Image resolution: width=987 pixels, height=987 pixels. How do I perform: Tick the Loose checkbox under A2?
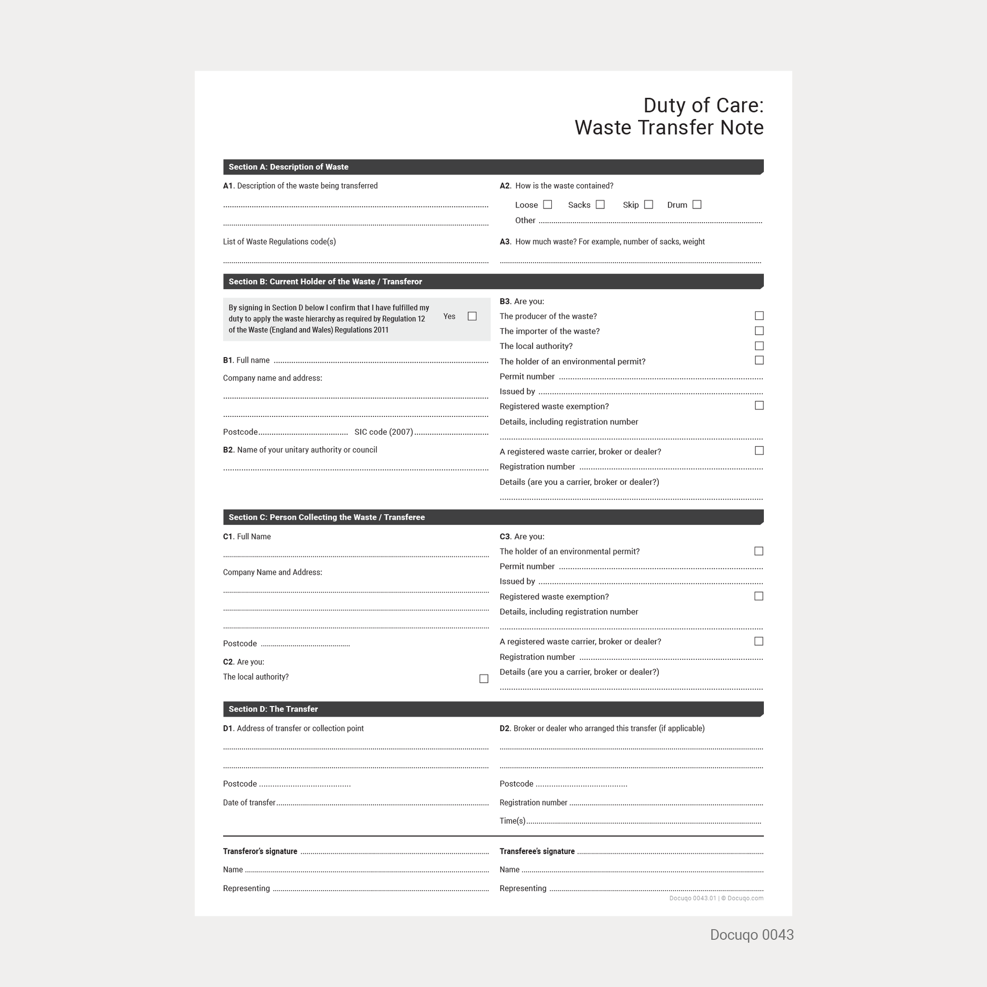(548, 204)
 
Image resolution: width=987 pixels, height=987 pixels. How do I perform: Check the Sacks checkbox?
(601, 204)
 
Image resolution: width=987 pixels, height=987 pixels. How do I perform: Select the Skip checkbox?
(648, 204)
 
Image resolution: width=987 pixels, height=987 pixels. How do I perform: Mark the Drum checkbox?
(697, 204)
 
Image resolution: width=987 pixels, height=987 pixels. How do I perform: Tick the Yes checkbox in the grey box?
(472, 316)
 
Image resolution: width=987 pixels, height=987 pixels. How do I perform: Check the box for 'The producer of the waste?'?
(759, 315)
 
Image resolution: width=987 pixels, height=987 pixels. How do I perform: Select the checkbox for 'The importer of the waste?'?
(759, 331)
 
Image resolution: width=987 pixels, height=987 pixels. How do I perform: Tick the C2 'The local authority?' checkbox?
(484, 679)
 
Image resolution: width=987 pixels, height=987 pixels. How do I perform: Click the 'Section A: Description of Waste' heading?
(288, 167)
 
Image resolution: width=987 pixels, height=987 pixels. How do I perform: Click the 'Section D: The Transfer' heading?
(273, 709)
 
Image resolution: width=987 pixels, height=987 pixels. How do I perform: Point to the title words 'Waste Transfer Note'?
(668, 128)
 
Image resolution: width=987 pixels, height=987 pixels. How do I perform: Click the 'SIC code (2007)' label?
(383, 432)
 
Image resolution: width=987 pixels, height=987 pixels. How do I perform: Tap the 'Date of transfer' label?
(249, 802)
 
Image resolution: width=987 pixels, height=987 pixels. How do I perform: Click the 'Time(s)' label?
(512, 821)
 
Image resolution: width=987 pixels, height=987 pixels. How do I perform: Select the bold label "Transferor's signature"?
(260, 851)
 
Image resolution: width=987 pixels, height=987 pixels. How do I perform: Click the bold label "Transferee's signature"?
(537, 851)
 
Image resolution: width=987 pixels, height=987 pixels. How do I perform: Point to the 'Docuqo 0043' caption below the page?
(752, 935)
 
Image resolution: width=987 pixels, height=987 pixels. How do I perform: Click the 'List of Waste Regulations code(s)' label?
(279, 241)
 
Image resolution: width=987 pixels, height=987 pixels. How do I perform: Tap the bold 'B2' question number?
(228, 450)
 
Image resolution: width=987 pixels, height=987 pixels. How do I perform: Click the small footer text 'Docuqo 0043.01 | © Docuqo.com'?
(716, 898)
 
